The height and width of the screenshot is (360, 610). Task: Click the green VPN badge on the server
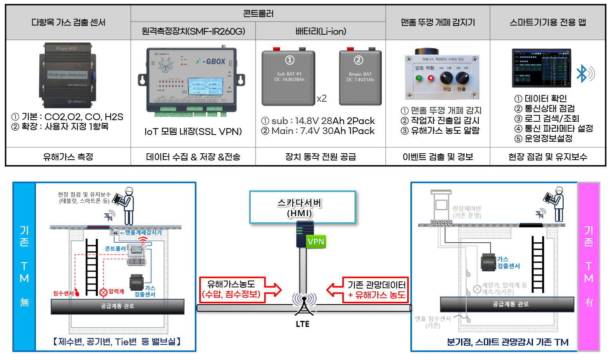(x=316, y=241)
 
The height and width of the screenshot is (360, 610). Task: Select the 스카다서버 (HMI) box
(x=303, y=207)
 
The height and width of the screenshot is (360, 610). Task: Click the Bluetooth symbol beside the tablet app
(x=584, y=74)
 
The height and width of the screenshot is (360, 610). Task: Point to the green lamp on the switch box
(x=419, y=77)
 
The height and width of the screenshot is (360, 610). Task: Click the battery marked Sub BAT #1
(x=288, y=78)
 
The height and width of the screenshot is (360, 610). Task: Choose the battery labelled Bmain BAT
(x=360, y=77)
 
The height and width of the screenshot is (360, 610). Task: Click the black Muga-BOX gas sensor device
(x=67, y=75)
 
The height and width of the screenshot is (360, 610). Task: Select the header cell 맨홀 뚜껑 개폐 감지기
(x=438, y=22)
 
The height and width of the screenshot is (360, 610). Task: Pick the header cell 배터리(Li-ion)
(x=321, y=31)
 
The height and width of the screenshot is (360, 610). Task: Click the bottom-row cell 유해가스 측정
(x=68, y=157)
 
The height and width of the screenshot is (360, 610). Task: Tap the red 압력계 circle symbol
(x=103, y=292)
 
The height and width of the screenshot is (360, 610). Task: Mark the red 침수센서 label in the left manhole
(x=63, y=293)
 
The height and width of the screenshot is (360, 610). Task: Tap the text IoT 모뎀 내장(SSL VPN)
(x=193, y=132)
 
